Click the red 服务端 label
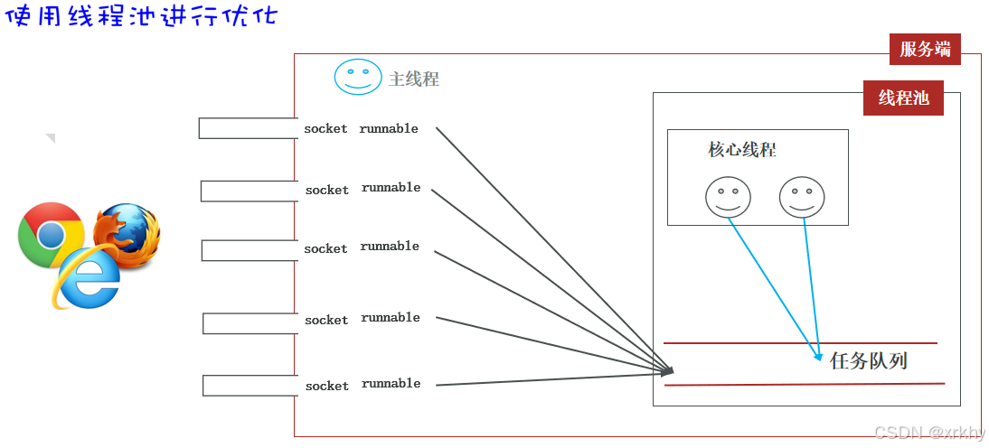[x=925, y=50]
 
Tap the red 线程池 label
[x=903, y=98]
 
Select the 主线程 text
[x=414, y=79]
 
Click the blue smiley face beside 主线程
[x=358, y=77]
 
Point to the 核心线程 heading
[x=742, y=150]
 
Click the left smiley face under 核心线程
[x=728, y=196]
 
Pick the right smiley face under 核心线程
[x=802, y=196]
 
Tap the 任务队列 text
[x=868, y=361]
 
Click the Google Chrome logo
[x=50, y=234]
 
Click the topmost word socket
[x=325, y=129]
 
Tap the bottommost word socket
[x=326, y=387]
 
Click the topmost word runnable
[x=389, y=129]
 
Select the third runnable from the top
[x=390, y=247]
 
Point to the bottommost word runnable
[x=391, y=384]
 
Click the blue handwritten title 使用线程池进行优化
[x=141, y=18]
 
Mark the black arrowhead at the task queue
[x=668, y=370]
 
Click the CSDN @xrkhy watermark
[x=930, y=434]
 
